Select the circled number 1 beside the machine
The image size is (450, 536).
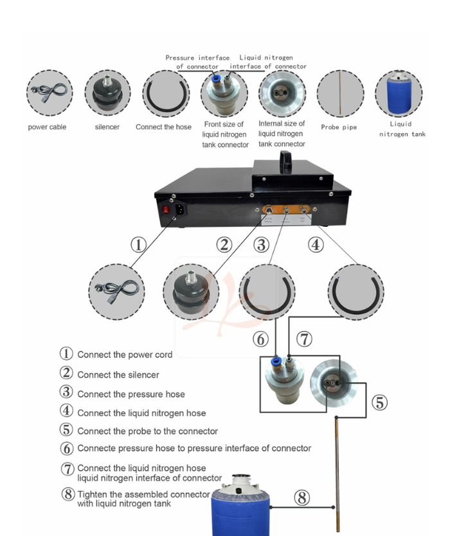tap(139, 245)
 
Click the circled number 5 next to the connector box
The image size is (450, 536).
tap(380, 403)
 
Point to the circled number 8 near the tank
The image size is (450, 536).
tap(302, 497)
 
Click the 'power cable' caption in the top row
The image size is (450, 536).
tap(47, 127)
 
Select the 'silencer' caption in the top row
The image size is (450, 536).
tap(107, 127)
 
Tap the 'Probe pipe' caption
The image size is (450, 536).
tap(339, 127)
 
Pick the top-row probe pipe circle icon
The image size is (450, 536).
tap(340, 94)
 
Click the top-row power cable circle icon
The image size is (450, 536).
tap(49, 94)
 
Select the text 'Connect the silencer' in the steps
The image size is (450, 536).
tap(118, 375)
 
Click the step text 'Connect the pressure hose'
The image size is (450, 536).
tap(131, 395)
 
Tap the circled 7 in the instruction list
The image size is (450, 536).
tap(67, 469)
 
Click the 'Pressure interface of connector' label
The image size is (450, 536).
tap(197, 62)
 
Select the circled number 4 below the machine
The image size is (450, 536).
tap(315, 245)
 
